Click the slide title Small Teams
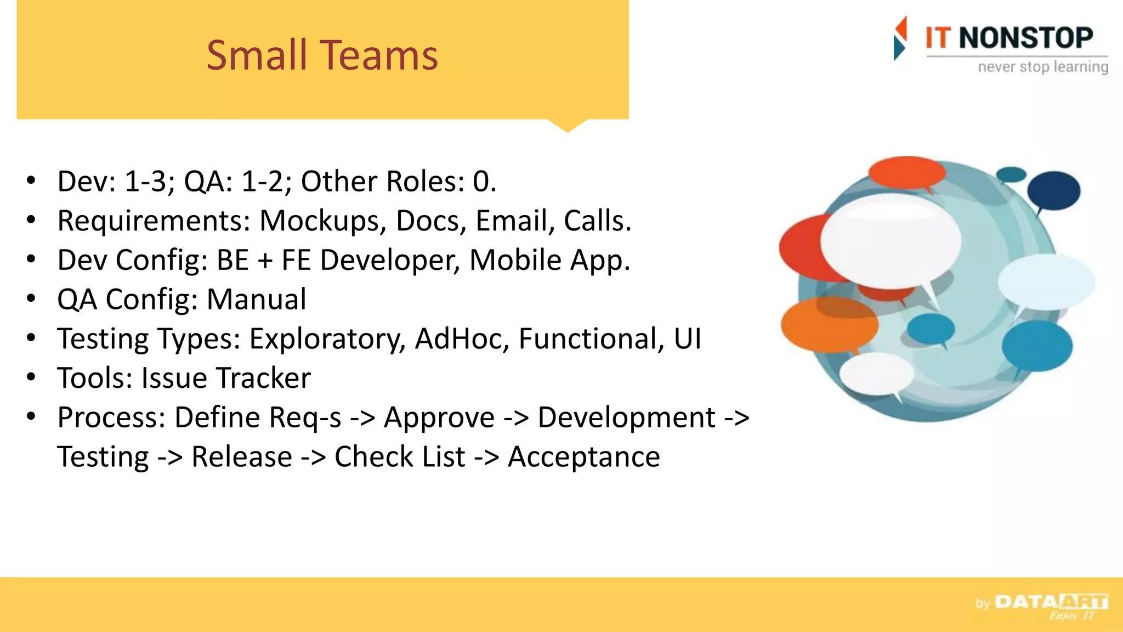322,55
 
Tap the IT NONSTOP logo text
1009,38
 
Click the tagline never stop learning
1043,67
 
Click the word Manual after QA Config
256,300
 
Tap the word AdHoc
462,338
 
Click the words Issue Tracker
226,378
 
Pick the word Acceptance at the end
583,457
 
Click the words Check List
400,457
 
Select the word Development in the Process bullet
626,417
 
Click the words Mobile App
549,260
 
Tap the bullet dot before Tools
31,377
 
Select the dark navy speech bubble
1053,190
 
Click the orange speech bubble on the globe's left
829,325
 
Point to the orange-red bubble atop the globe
906,172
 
